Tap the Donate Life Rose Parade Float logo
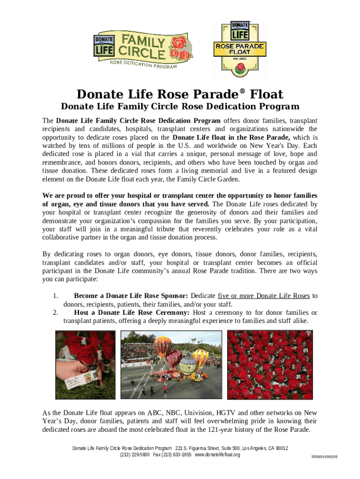(239, 49)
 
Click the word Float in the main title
(266, 94)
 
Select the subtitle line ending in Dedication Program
(180, 107)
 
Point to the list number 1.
(55, 296)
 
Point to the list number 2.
(55, 312)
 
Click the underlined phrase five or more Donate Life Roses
(264, 296)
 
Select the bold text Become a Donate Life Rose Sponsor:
(131, 296)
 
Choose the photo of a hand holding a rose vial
(85, 365)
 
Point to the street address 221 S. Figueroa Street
(202, 448)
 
